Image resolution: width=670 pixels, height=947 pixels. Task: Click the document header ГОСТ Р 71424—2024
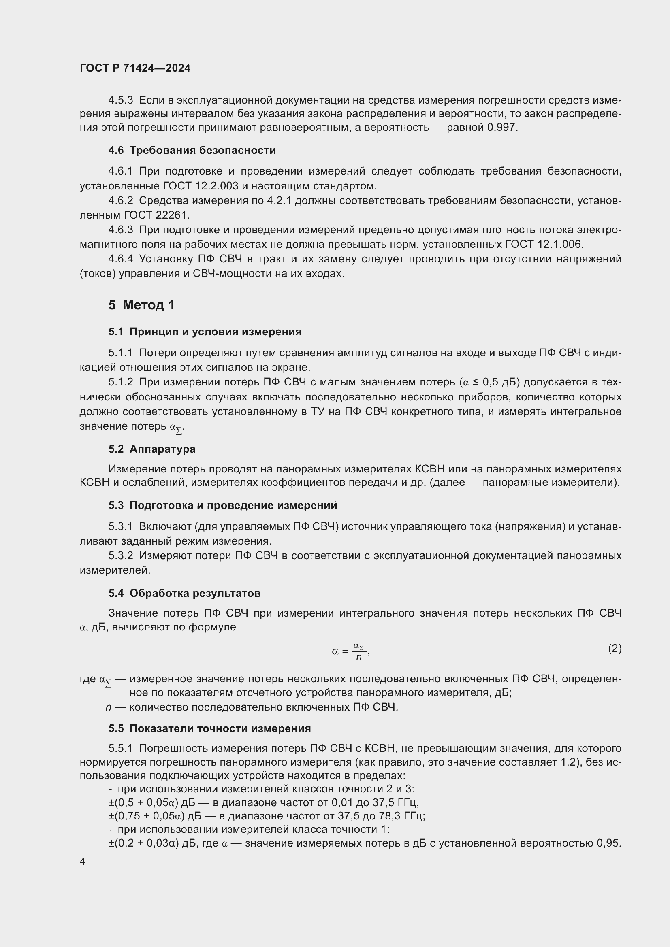click(x=135, y=68)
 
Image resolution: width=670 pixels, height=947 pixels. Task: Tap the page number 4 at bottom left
click(x=82, y=861)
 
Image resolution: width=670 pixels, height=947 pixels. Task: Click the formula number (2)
click(x=615, y=648)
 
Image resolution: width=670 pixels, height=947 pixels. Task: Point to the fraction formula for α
click(x=351, y=651)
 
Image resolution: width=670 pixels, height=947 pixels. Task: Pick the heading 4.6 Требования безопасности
click(x=192, y=150)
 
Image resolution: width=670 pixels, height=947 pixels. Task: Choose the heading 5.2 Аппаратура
click(x=152, y=449)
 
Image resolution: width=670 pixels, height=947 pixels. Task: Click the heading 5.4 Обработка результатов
click(x=184, y=593)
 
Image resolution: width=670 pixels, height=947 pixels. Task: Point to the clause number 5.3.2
click(x=120, y=555)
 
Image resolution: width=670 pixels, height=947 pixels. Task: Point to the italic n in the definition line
click(x=108, y=707)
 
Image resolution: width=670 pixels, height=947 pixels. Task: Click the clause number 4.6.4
click(x=120, y=259)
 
